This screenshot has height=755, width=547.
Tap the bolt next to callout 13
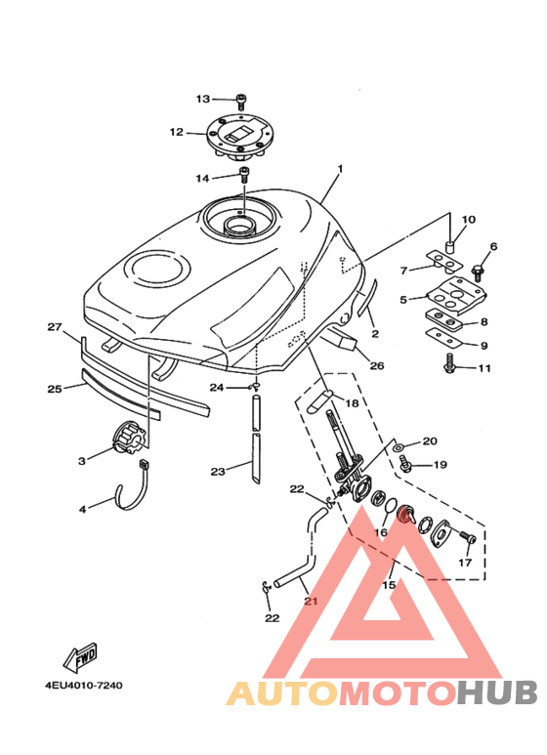pos(241,102)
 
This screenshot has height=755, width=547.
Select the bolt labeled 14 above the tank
pos(244,174)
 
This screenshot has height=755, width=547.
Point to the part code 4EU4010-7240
pos(84,685)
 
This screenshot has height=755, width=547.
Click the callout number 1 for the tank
pos(340,169)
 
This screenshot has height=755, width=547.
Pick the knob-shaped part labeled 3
pos(127,438)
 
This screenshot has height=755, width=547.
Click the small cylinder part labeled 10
pos(449,247)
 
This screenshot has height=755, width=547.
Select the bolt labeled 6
pos(479,273)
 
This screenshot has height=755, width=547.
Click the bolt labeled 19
pos(405,464)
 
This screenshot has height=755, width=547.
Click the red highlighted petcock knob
pos(405,515)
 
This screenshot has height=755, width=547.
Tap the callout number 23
pos(218,471)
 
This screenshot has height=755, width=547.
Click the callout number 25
pos(55,388)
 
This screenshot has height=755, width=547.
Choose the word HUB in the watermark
pos(497,692)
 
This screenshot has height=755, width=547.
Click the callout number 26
pos(376,365)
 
